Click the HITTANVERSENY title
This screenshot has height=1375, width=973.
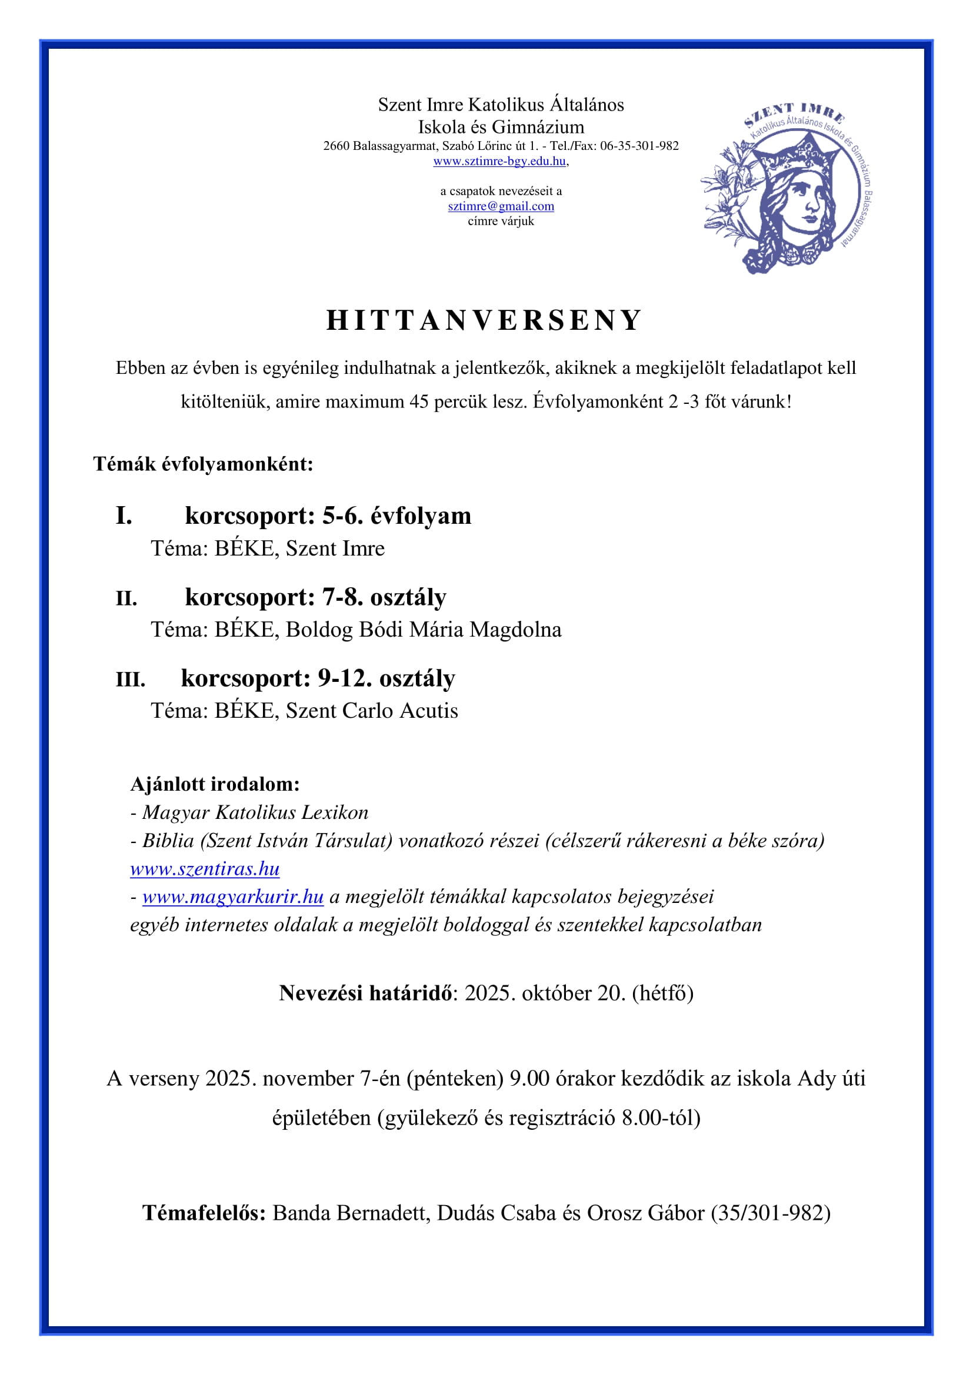tap(484, 320)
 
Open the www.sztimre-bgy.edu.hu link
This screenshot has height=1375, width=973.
tap(499, 161)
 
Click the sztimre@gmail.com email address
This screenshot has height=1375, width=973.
tap(501, 206)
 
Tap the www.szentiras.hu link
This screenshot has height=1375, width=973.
tap(205, 869)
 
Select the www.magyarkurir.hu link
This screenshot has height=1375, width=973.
tap(233, 897)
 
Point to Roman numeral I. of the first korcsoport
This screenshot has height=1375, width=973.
tap(124, 516)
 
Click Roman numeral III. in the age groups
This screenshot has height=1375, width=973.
tap(131, 680)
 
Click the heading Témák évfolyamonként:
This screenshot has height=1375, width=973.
tap(203, 464)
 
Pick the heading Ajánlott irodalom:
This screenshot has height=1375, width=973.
tap(215, 785)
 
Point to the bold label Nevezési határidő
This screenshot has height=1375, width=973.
tap(365, 993)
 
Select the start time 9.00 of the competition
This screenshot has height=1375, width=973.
tap(529, 1079)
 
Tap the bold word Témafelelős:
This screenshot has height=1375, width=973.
tap(204, 1213)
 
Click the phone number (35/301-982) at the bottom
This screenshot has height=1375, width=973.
tap(771, 1213)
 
